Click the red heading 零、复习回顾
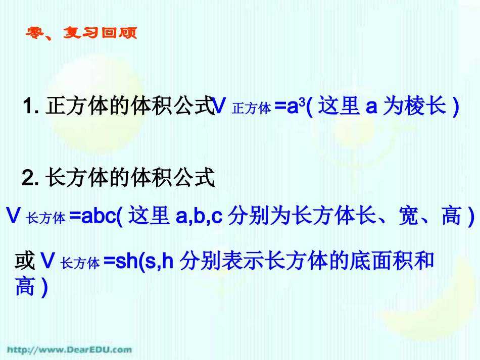[x=81, y=34]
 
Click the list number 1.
[x=30, y=107]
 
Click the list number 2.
[x=30, y=178]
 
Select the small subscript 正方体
[x=251, y=109]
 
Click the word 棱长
[x=425, y=107]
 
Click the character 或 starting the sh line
[x=25, y=262]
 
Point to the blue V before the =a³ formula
[x=219, y=107]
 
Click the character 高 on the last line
[x=25, y=288]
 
